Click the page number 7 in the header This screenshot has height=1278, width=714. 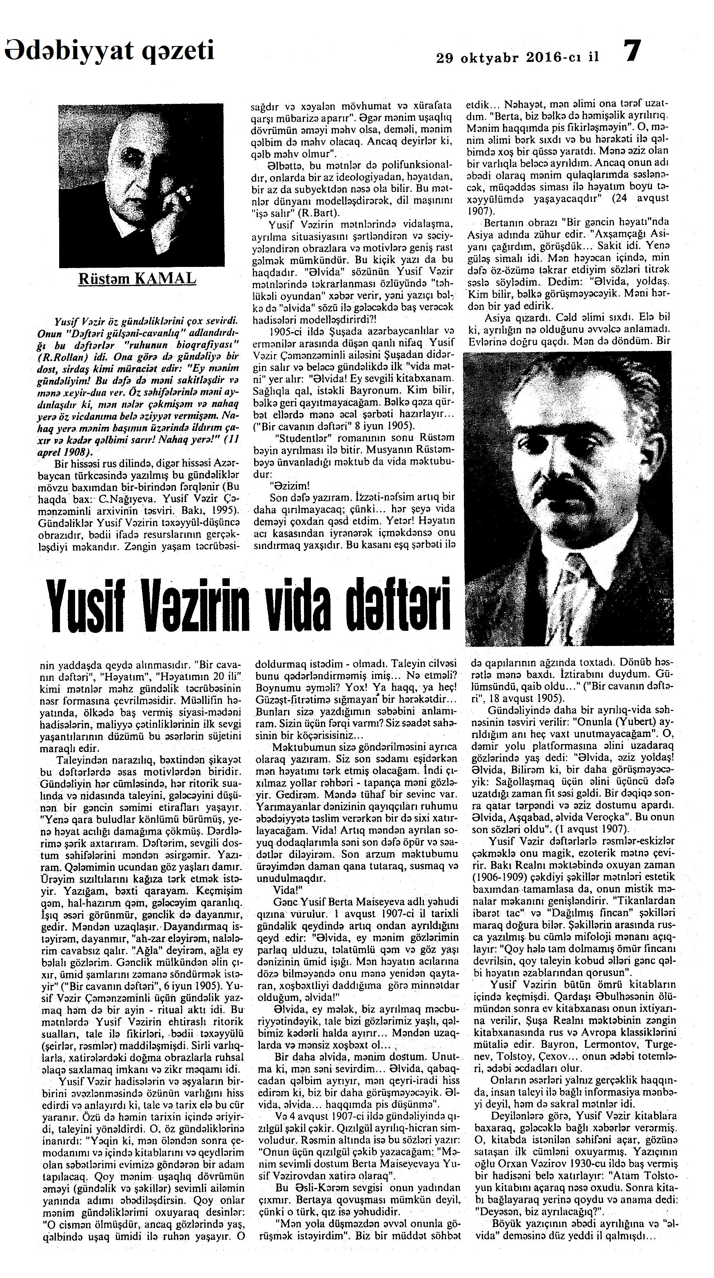tap(632, 51)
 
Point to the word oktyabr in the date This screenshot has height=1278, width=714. tap(490, 57)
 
